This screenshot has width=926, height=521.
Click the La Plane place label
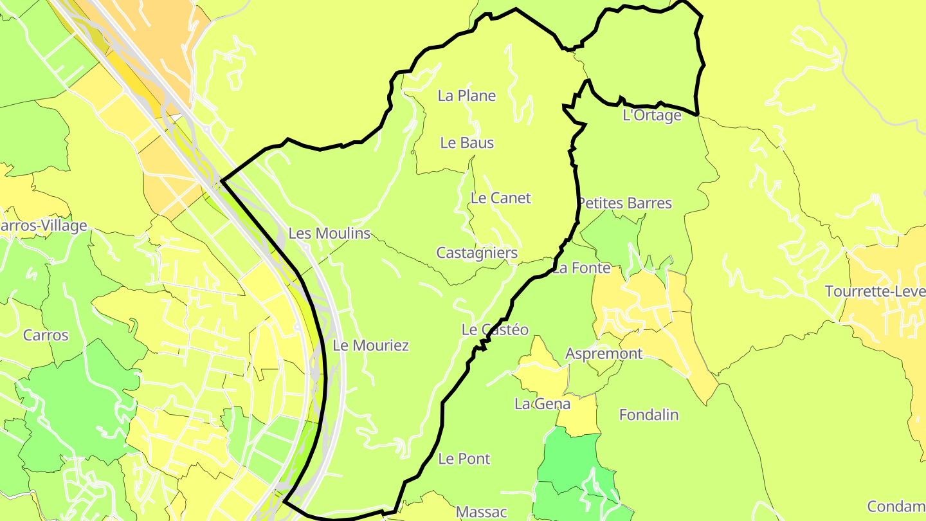click(467, 96)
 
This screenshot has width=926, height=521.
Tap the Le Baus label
click(467, 143)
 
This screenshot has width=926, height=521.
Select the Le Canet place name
click(501, 198)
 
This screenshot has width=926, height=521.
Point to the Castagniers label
click(477, 253)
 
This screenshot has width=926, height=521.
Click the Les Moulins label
click(329, 233)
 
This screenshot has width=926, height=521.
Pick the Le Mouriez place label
click(371, 345)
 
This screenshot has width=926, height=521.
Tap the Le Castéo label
click(495, 330)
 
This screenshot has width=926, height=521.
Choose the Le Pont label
click(464, 459)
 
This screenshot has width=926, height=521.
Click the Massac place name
click(482, 512)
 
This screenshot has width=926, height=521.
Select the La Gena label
click(542, 404)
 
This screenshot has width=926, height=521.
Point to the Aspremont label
click(604, 354)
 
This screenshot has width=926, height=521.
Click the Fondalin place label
click(649, 415)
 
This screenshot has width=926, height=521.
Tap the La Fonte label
click(581, 268)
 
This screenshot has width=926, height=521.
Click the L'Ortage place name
click(652, 116)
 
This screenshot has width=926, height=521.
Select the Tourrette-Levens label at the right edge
click(875, 291)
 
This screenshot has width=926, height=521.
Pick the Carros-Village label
click(43, 226)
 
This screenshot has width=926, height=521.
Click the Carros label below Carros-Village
click(46, 335)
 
